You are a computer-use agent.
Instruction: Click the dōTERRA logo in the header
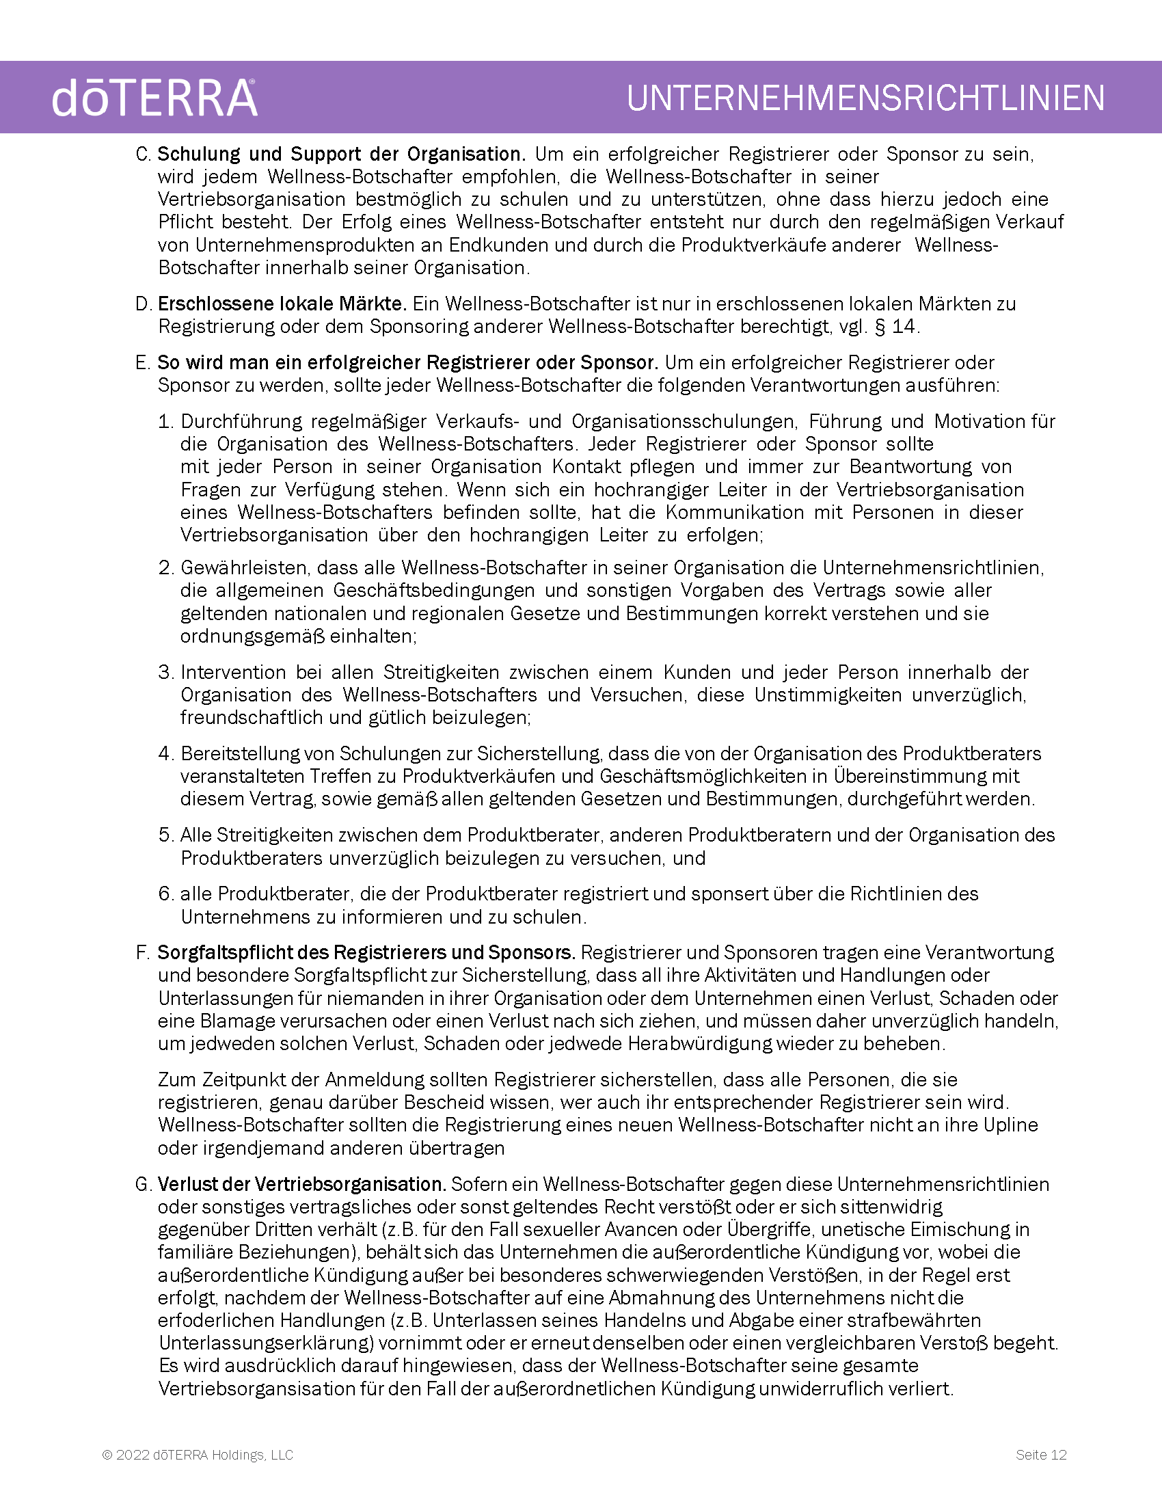(x=154, y=98)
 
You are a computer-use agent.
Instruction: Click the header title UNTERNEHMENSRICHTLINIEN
(x=865, y=98)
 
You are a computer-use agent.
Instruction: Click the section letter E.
(x=142, y=363)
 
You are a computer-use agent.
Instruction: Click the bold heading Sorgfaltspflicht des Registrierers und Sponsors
(x=366, y=953)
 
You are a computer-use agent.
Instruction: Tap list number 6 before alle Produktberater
(x=165, y=894)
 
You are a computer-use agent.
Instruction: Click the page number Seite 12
(x=1041, y=1454)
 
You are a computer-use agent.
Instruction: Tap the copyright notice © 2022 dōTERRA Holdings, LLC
(x=198, y=1454)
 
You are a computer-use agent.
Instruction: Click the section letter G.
(x=143, y=1185)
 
